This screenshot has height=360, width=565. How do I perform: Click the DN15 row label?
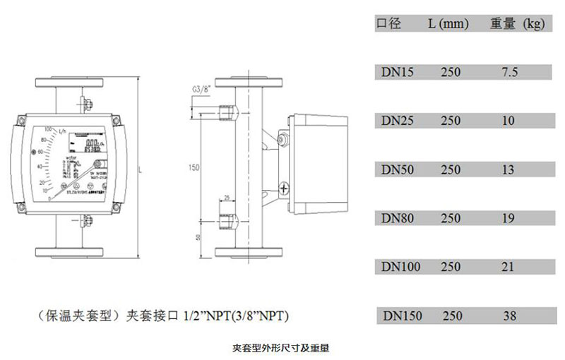(x=396, y=71)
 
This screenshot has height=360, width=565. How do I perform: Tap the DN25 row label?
(x=396, y=121)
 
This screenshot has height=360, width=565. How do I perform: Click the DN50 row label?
(x=396, y=169)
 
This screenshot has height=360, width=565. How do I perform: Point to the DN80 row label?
(x=396, y=218)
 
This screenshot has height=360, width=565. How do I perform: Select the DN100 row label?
(x=400, y=267)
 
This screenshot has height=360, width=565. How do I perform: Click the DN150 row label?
(x=401, y=316)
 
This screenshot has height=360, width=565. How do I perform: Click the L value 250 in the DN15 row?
(x=451, y=71)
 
